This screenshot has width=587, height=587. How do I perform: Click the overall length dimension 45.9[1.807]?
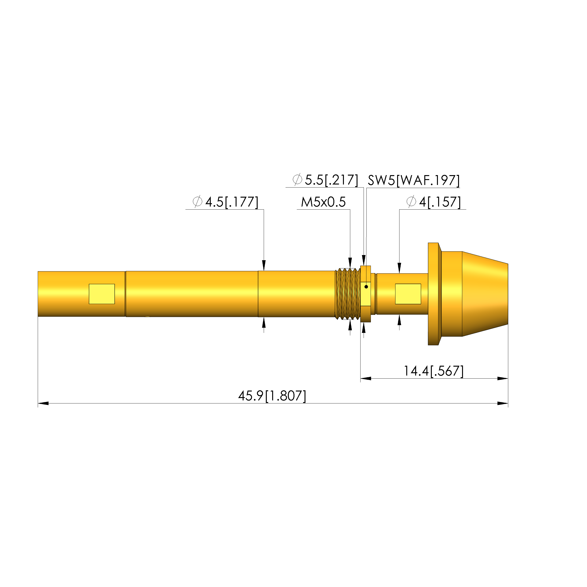(272, 396)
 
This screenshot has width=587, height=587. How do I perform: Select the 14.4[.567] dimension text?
(433, 371)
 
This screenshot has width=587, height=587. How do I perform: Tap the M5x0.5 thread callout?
(323, 202)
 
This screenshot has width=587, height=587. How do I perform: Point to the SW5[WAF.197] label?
(414, 181)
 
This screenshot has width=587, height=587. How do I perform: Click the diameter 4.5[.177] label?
(226, 202)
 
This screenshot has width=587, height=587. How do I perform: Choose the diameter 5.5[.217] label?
(325, 180)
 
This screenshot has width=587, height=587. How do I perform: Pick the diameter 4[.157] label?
(433, 202)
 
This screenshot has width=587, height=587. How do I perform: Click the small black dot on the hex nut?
(366, 286)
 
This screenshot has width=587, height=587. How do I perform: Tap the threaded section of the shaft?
(348, 293)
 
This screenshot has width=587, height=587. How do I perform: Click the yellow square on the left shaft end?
(102, 294)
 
